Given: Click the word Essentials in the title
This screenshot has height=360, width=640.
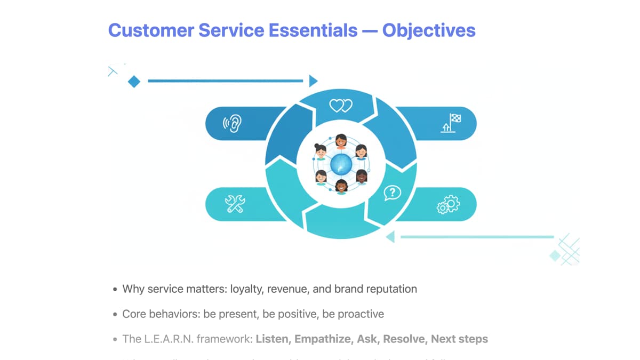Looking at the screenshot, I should [x=313, y=30].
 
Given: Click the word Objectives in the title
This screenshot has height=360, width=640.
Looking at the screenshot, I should [x=429, y=30].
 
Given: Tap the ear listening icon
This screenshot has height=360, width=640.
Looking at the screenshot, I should [x=233, y=124].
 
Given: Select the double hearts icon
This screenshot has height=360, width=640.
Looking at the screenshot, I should [x=341, y=106].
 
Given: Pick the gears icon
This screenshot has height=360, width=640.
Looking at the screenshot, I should [x=448, y=204].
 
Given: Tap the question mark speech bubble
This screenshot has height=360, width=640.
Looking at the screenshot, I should [x=392, y=193].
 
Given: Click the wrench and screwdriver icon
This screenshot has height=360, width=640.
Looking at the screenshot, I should [x=235, y=204].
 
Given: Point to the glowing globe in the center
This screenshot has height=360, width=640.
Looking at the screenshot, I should [x=341, y=165].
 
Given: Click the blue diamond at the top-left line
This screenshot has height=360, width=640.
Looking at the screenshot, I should [x=134, y=82].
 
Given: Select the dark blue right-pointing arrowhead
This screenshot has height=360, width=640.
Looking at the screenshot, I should [x=313, y=81].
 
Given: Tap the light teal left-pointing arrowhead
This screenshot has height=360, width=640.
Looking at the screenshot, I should [x=390, y=237].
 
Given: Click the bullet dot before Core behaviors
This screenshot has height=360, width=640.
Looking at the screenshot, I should [x=115, y=315].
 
